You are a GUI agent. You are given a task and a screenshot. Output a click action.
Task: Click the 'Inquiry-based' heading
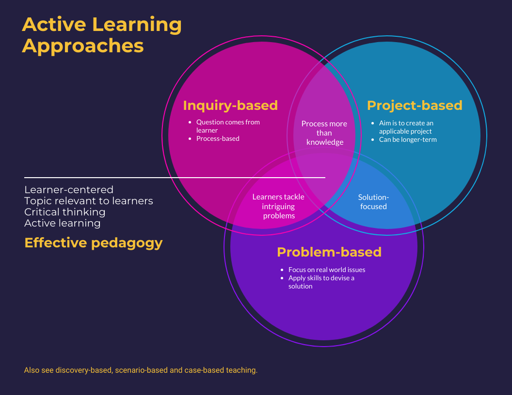coord(230,106)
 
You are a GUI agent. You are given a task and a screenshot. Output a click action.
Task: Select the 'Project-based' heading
coord(415,106)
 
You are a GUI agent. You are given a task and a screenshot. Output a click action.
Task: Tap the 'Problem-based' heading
coord(329,252)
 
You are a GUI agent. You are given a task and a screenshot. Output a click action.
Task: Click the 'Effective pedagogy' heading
coord(94,243)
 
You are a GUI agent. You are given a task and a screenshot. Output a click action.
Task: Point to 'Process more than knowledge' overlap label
coord(324,133)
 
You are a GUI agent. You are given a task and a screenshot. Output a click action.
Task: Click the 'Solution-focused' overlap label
coord(373,202)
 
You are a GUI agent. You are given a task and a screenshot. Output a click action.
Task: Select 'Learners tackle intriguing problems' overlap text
coord(278,206)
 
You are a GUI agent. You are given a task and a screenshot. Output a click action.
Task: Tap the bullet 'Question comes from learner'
coord(228,126)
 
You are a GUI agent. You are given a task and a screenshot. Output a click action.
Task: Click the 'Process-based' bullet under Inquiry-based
coord(218,138)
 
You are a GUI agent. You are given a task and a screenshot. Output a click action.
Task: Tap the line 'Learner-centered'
coord(69,190)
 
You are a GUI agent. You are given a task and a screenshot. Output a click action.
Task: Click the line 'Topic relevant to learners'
coord(89,201)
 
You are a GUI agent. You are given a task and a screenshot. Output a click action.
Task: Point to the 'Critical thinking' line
coord(64,212)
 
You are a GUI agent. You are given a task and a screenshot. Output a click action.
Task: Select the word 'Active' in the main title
coord(54,24)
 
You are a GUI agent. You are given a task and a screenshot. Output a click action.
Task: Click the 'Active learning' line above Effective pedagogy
coord(63,223)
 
